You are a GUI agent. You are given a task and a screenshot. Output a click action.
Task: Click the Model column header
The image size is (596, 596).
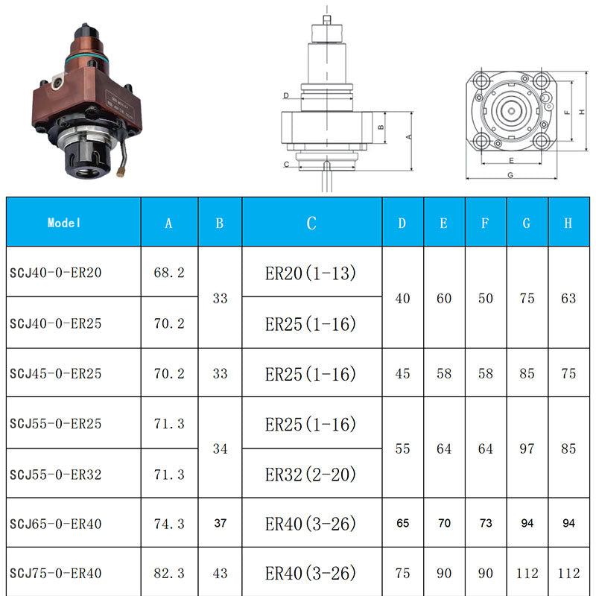click(64, 223)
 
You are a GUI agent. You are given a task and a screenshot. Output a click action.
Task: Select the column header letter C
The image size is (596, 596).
click(311, 223)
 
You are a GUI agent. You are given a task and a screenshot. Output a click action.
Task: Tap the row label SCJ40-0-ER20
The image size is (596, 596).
click(55, 273)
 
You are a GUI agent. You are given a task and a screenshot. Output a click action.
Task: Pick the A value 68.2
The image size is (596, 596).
click(169, 273)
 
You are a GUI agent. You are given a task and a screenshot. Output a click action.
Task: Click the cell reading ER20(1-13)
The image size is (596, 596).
click(311, 273)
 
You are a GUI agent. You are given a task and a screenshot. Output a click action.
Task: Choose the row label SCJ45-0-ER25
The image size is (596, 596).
click(55, 373)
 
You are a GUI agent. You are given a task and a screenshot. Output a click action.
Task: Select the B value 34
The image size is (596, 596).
click(220, 448)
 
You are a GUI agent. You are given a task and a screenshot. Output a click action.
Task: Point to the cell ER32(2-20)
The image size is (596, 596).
click(311, 475)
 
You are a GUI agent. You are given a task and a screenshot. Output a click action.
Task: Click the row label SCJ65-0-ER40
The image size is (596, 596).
click(55, 524)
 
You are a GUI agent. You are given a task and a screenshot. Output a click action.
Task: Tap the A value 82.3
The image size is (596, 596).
click(169, 573)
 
